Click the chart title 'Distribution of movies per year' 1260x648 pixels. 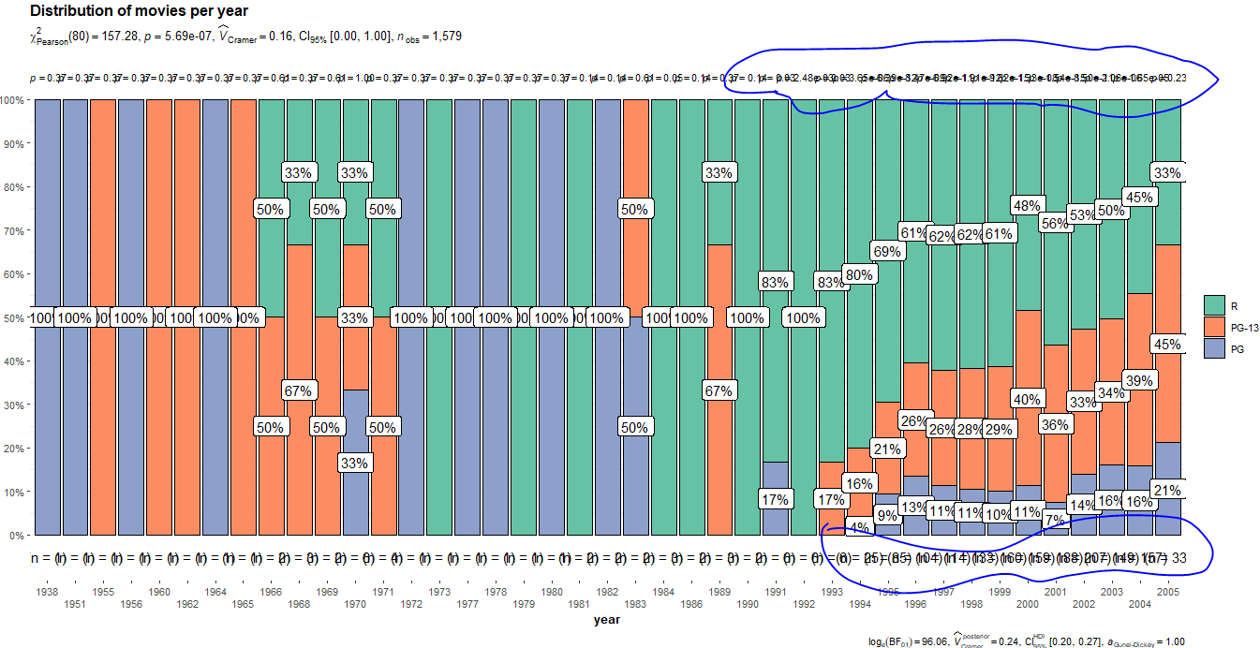[139, 10]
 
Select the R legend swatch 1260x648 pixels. [1214, 304]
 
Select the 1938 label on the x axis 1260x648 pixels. [47, 592]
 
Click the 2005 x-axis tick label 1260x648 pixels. [1167, 592]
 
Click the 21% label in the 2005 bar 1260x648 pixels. [1166, 490]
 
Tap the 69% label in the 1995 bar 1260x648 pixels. [886, 251]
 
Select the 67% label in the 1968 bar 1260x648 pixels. [298, 390]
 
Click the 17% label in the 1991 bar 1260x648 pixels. [775, 499]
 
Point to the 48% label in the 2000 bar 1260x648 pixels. [1027, 205]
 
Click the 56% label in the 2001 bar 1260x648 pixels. [1055, 223]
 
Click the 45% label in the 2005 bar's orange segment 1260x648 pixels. [1166, 344]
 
